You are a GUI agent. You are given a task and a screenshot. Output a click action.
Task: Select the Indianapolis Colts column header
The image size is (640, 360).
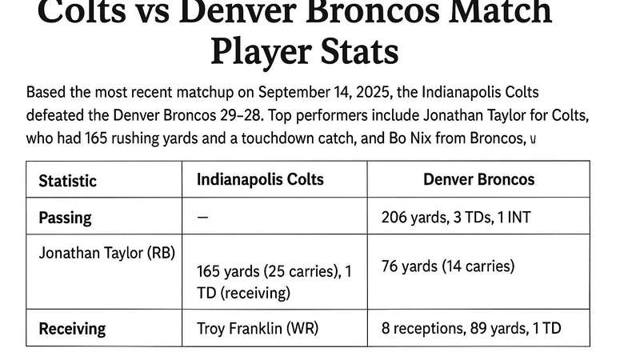coord(260,179)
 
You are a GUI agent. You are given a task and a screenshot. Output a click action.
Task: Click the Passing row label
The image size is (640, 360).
coord(65,217)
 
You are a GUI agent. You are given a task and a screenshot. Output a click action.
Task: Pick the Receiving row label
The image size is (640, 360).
coord(72,328)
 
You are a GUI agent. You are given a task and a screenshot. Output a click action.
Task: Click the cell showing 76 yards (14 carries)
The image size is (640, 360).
coord(449,266)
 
